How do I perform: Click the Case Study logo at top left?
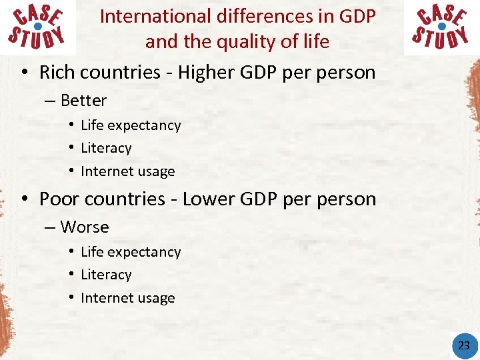point(37,27)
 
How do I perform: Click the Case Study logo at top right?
point(441,27)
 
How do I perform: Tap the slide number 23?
point(464,345)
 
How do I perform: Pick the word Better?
point(83,101)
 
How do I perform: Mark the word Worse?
point(85,227)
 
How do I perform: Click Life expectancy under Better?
point(131,125)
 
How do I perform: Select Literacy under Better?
point(106,148)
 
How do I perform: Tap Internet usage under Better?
point(128,171)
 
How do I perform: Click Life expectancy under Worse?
point(131,252)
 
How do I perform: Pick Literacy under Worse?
point(106,275)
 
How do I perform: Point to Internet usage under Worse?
point(128,298)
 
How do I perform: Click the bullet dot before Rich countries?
point(23,73)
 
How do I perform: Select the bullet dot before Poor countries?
point(23,199)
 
